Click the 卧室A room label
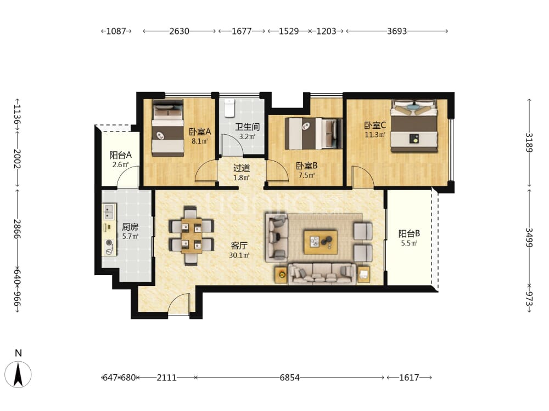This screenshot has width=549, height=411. pyautogui.click(x=200, y=132)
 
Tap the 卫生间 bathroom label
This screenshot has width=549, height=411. pyautogui.click(x=247, y=127)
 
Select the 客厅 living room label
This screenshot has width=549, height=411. pyautogui.click(x=239, y=246)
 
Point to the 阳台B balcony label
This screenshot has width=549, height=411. pyautogui.click(x=409, y=233)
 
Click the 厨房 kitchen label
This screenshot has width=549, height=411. pyautogui.click(x=130, y=227)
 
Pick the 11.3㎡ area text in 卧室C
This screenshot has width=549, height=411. pyautogui.click(x=375, y=135)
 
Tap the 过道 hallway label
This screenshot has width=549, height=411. pyautogui.click(x=242, y=168)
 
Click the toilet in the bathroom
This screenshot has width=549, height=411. pyautogui.click(x=229, y=109)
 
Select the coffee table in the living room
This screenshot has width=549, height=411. pyautogui.click(x=321, y=242)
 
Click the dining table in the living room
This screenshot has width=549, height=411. pyautogui.click(x=192, y=235)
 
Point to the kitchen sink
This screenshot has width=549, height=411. pyautogui.click(x=109, y=212)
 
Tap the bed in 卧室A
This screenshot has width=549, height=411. pyautogui.click(x=167, y=128)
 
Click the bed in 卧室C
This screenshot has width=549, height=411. pyautogui.click(x=414, y=126)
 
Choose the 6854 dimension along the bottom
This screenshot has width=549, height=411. pyautogui.click(x=289, y=378)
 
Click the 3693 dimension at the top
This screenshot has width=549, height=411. pyautogui.click(x=397, y=31)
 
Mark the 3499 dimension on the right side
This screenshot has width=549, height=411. pyautogui.click(x=529, y=238)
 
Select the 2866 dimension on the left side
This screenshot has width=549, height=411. pyautogui.click(x=17, y=229)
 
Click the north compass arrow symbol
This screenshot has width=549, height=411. pyautogui.click(x=18, y=374)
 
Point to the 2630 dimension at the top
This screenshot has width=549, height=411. pyautogui.click(x=180, y=31)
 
